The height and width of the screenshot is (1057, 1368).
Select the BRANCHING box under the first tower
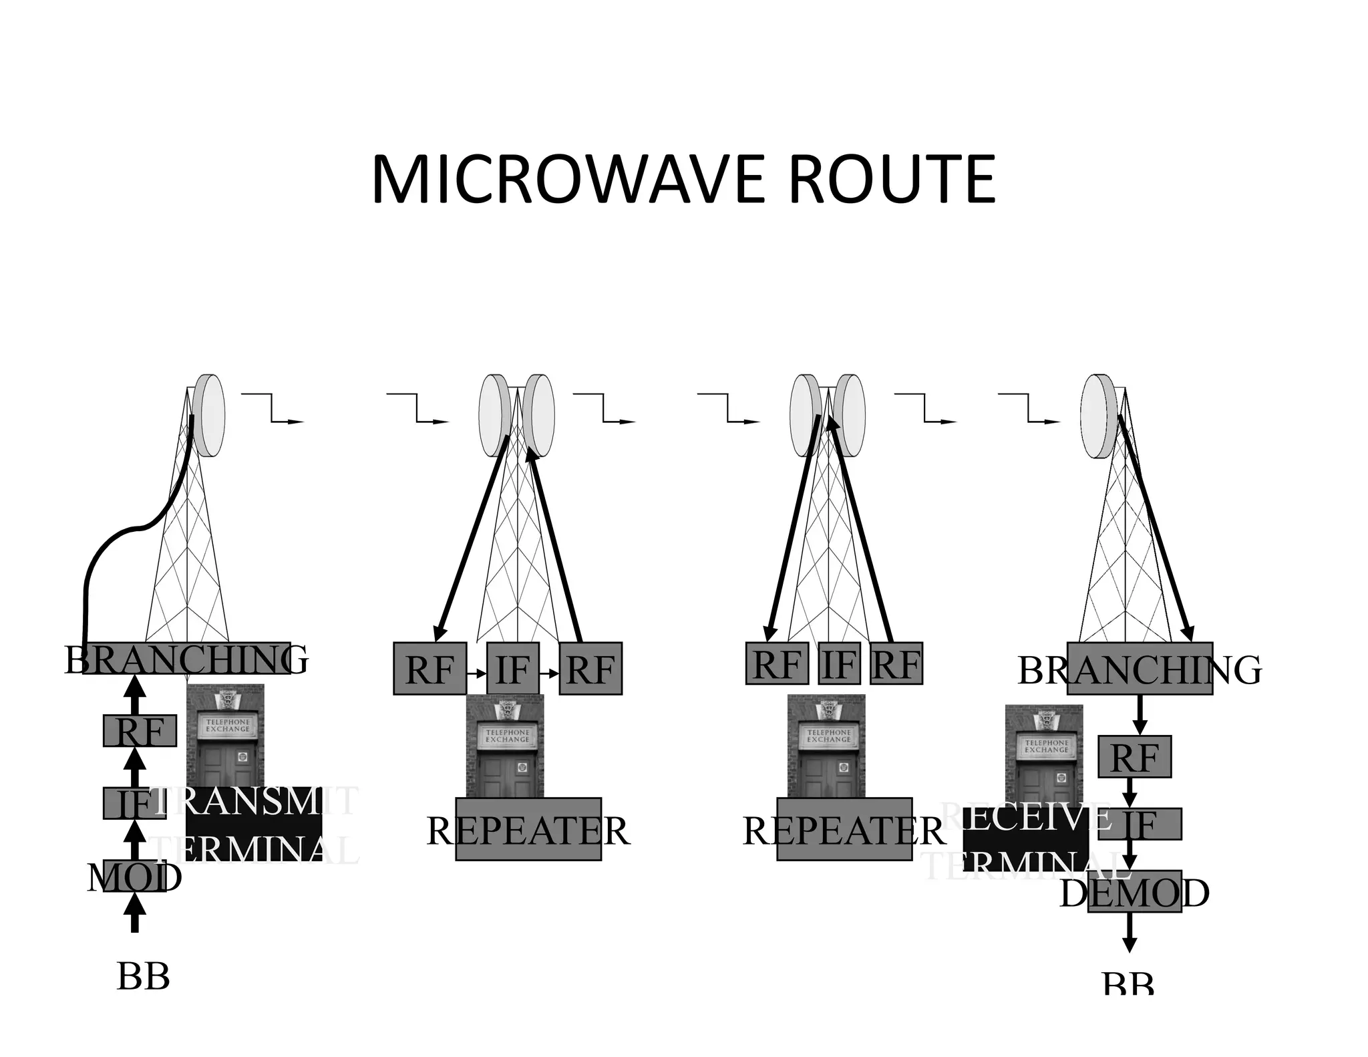tap(186, 658)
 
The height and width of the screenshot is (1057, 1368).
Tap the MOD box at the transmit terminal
tap(134, 876)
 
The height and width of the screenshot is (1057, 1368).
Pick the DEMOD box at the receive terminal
tap(1134, 891)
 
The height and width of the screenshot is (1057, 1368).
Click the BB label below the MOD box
tap(143, 976)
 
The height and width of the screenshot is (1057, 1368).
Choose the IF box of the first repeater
tap(512, 668)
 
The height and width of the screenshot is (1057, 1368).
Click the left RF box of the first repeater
tap(429, 668)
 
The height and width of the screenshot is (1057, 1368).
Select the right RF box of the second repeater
tap(896, 663)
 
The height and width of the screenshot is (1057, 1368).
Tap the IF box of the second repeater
tap(839, 663)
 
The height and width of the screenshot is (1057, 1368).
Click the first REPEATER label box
tap(528, 828)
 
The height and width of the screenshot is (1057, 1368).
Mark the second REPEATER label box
tap(844, 828)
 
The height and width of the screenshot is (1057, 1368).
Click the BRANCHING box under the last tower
tap(1140, 668)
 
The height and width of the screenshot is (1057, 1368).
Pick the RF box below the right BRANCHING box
tap(1134, 756)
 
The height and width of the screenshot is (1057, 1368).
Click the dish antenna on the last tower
tap(1097, 416)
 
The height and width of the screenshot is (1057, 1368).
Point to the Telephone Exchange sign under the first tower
tap(227, 726)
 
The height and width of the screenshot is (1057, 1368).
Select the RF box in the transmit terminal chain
tap(140, 730)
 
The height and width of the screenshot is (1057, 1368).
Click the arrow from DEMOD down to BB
tap(1129, 933)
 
